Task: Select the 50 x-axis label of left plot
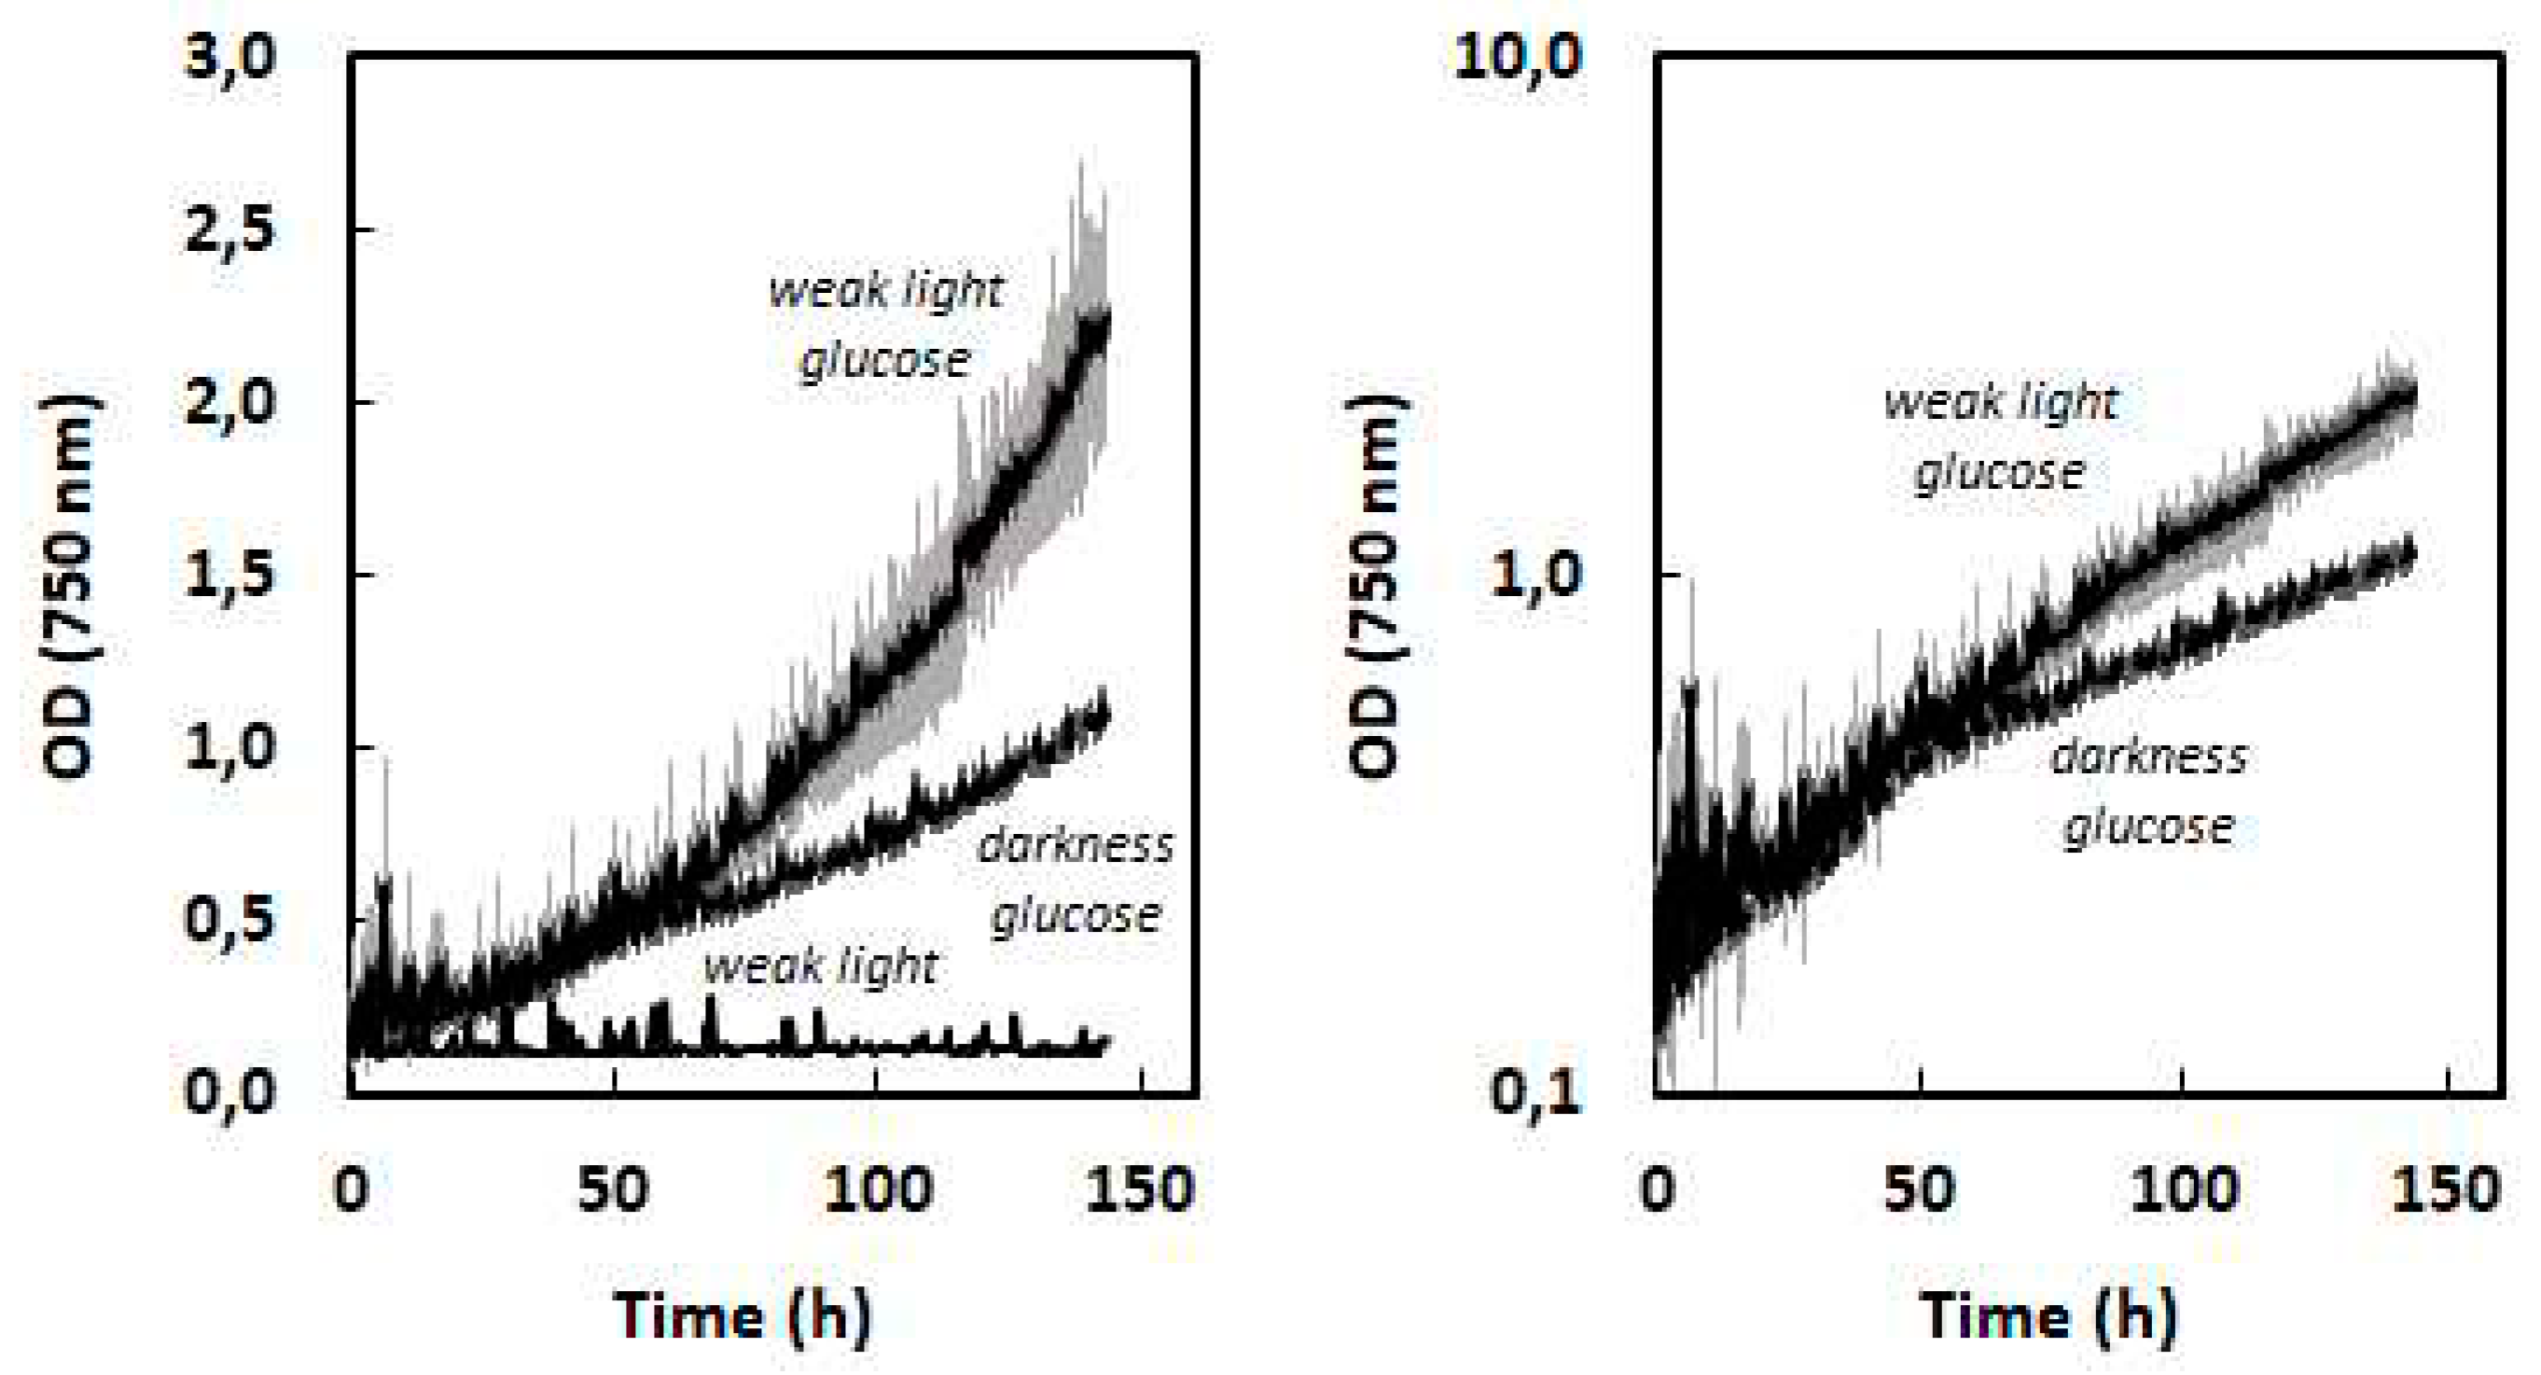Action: (614, 1191)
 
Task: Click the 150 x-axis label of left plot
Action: (1140, 1191)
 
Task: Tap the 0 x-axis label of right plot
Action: (1658, 1191)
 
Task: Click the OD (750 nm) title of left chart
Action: (71, 587)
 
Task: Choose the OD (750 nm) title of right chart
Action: (1377, 587)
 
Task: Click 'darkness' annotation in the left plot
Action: (1076, 846)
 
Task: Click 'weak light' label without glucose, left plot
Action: (821, 966)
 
